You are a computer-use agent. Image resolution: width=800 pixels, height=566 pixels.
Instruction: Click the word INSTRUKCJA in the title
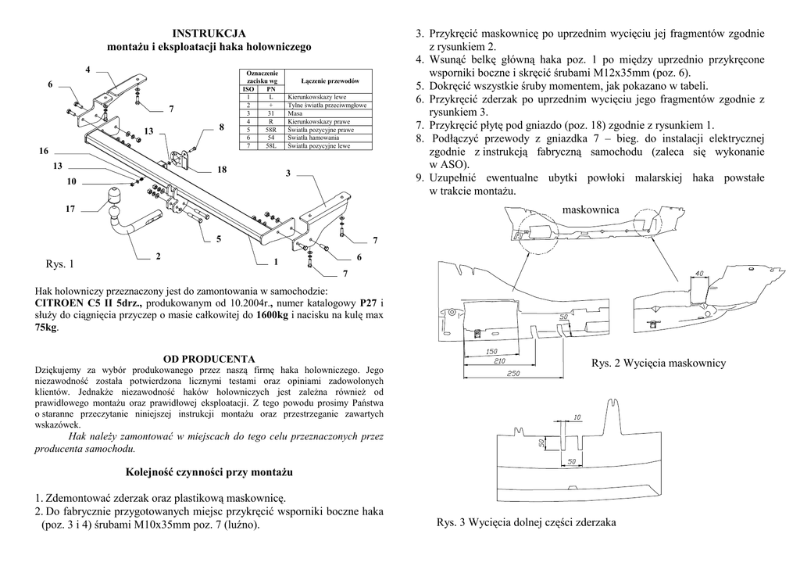(x=209, y=33)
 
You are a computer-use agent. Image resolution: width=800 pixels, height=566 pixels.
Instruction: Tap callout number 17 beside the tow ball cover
(x=70, y=210)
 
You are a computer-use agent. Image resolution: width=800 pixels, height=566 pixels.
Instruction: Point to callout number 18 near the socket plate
(x=222, y=170)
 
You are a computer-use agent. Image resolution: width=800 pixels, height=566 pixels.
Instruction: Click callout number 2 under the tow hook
(x=158, y=256)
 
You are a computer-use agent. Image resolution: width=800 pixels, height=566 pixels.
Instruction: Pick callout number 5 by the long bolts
(x=219, y=238)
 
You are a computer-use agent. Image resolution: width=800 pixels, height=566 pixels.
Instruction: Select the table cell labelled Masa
(x=296, y=113)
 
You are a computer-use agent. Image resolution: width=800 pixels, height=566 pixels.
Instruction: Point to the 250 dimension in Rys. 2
(x=512, y=374)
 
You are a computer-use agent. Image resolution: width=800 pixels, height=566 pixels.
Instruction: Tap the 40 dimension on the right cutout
(x=698, y=273)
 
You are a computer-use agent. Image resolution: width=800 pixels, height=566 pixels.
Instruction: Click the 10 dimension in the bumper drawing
(x=575, y=418)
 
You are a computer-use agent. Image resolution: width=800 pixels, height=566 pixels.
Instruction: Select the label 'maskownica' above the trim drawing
(x=590, y=210)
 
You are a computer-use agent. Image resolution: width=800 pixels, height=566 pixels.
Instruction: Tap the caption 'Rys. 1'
(x=61, y=264)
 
